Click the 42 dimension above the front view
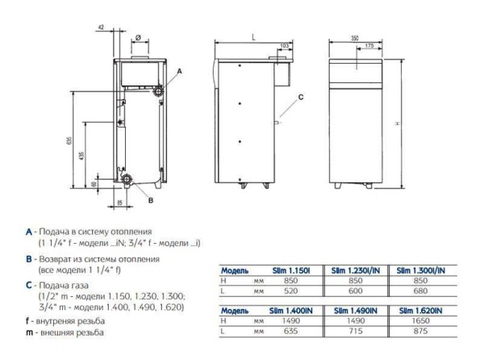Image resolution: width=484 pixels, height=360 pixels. click(x=101, y=28)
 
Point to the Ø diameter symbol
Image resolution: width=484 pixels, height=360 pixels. click(x=138, y=37)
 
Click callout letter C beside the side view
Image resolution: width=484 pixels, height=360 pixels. click(x=300, y=98)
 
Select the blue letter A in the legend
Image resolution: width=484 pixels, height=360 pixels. click(x=28, y=232)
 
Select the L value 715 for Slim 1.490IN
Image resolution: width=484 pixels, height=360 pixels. click(x=363, y=329)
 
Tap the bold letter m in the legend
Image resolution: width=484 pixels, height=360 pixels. click(x=28, y=332)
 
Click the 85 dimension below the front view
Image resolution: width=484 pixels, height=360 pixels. click(x=120, y=202)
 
